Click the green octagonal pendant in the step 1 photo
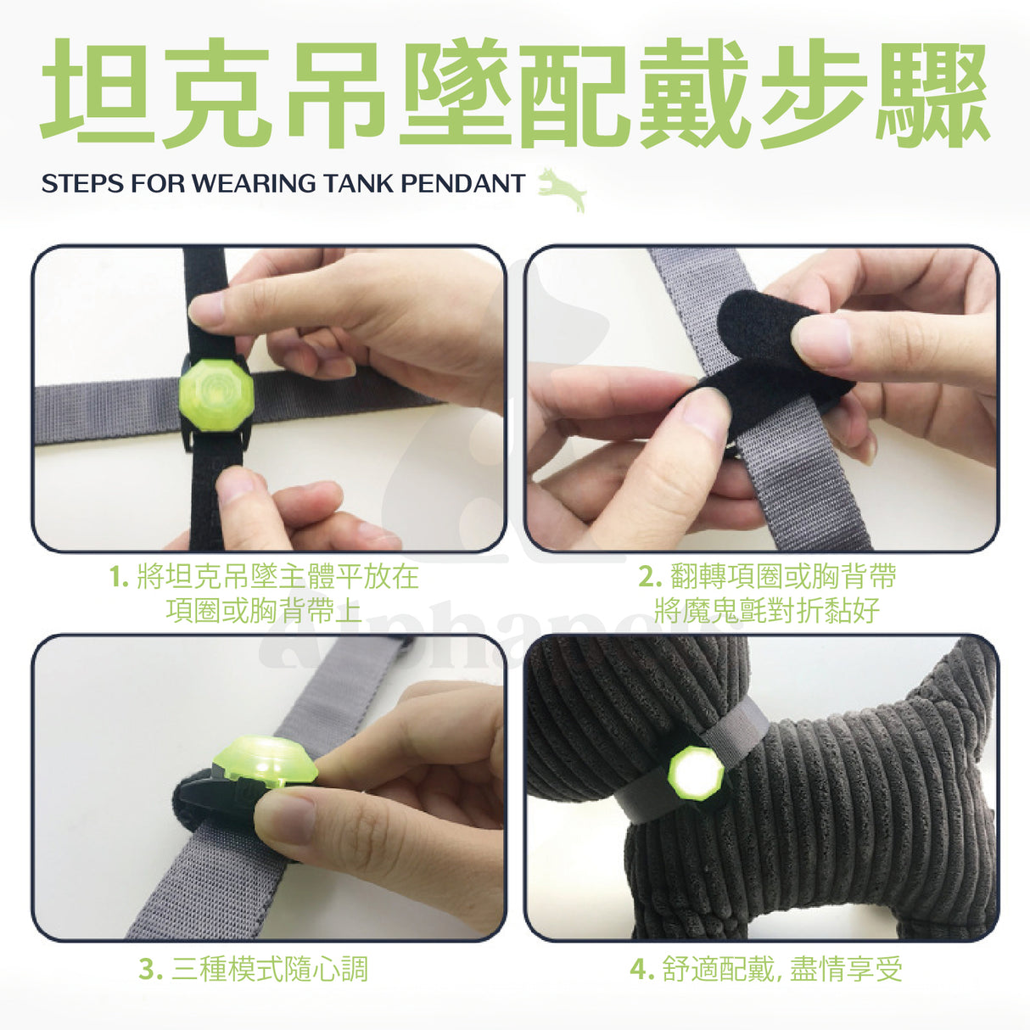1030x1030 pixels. (216, 395)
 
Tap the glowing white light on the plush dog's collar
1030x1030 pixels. (696, 773)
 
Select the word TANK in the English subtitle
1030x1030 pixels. (359, 183)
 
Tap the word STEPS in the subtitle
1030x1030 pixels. (81, 183)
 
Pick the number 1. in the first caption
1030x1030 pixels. (119, 577)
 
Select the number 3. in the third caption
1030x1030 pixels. (150, 970)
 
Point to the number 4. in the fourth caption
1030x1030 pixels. (642, 970)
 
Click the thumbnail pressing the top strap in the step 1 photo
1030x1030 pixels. (207, 309)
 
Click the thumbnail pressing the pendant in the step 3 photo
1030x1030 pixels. (284, 817)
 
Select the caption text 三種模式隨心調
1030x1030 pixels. (270, 970)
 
